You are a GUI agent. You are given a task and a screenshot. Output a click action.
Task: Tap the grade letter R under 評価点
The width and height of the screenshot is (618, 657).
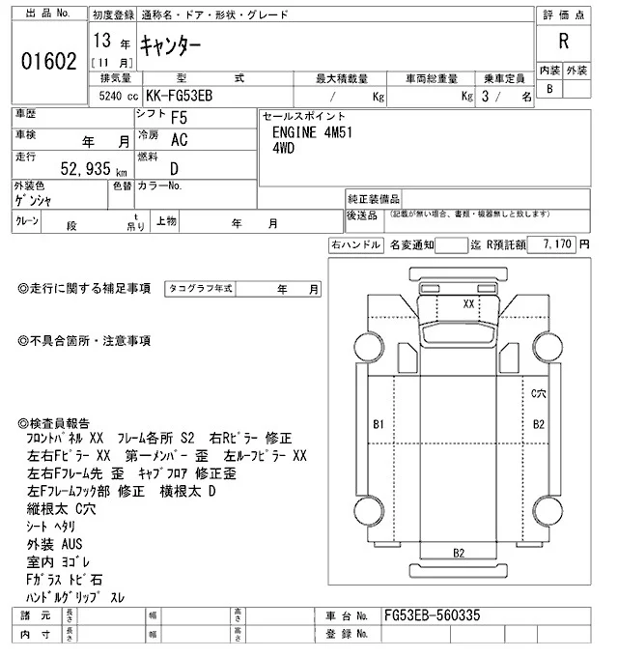(563, 43)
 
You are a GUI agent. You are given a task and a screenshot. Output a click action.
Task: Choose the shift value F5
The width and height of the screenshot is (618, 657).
(179, 119)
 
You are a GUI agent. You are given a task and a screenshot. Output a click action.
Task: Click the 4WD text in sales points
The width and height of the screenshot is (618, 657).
(285, 150)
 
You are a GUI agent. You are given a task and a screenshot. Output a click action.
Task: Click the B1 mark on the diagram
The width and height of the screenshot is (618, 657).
(379, 424)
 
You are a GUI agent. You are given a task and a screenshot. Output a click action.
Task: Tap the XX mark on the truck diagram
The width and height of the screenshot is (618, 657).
(469, 303)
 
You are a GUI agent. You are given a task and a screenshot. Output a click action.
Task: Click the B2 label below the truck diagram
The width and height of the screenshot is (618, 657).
(460, 552)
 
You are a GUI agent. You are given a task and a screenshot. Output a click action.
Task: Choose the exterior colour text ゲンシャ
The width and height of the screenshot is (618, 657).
(38, 200)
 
